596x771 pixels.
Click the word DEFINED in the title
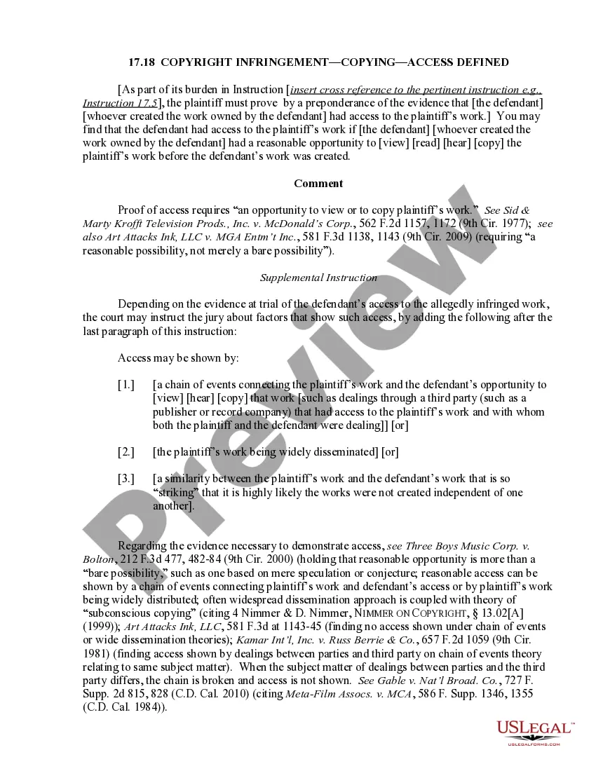click(x=483, y=62)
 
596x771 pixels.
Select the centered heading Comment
click(x=318, y=184)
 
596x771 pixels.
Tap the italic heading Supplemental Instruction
click(x=318, y=278)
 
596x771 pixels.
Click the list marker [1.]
click(x=126, y=385)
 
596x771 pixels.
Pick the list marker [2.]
click(x=126, y=452)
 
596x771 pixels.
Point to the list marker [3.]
click(x=126, y=479)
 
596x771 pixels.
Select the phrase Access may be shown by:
click(x=178, y=358)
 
